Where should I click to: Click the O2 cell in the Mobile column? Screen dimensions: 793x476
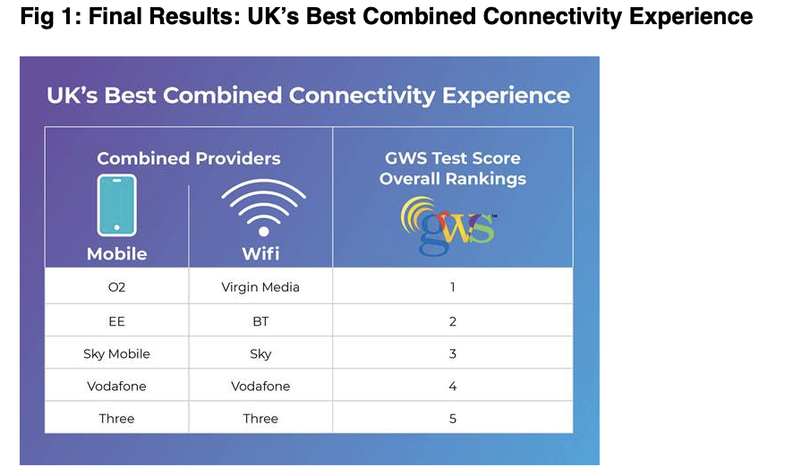tap(117, 287)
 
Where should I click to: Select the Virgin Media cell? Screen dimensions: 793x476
tap(260, 287)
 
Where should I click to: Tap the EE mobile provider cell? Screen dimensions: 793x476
tap(117, 321)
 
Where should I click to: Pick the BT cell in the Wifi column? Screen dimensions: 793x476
tap(260, 321)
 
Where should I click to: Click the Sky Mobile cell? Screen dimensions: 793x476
tap(117, 353)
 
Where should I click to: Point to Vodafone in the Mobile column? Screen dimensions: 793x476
tap(117, 386)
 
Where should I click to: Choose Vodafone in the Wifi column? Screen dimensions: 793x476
tap(260, 386)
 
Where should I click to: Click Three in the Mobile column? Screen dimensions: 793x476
tap(117, 419)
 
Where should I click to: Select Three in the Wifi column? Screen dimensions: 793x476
tap(260, 419)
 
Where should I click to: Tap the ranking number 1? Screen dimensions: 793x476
tap(453, 287)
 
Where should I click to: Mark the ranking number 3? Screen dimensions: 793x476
tap(453, 353)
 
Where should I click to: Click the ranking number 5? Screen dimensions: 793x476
tap(453, 419)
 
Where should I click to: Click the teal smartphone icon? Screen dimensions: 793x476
tap(117, 205)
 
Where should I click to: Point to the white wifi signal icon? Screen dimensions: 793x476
tap(263, 208)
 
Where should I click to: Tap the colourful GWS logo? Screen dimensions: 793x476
tap(448, 225)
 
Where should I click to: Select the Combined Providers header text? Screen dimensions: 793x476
tap(189, 158)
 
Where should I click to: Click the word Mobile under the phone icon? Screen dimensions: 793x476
tap(117, 254)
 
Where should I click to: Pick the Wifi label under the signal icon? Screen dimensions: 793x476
tap(260, 254)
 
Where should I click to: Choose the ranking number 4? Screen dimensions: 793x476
tap(453, 386)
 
